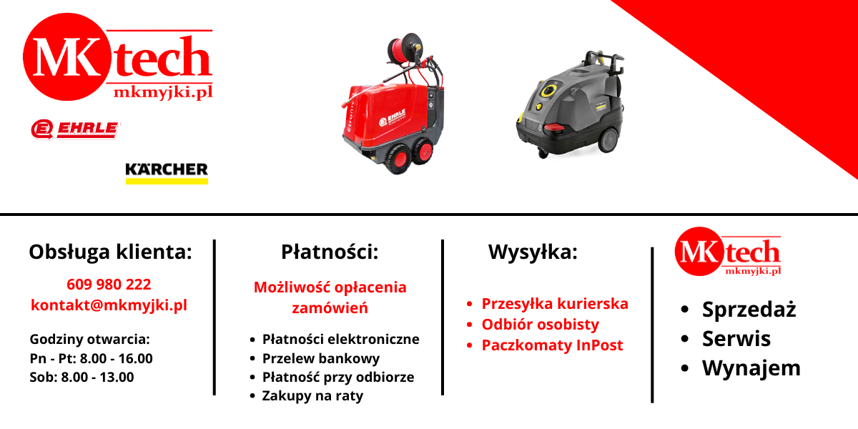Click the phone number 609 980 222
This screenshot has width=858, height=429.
(109, 285)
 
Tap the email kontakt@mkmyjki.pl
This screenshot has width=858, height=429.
(109, 305)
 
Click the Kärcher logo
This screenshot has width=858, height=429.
(167, 173)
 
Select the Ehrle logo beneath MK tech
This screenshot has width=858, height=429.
(75, 129)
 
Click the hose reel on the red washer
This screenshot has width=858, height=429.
(405, 50)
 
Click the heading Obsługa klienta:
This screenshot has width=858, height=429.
(110, 252)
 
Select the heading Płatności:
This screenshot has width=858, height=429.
(330, 252)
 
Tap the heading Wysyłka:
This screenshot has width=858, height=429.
(533, 252)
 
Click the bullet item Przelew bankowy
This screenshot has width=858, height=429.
(321, 358)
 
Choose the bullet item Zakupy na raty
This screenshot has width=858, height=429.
(312, 395)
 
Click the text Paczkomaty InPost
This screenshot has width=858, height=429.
(552, 345)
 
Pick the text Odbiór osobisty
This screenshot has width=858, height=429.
(540, 325)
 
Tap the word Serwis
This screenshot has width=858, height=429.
(736, 339)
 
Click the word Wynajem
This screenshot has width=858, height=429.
(751, 368)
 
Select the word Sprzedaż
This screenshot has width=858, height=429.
(749, 309)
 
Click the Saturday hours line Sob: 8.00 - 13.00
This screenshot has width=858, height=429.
(82, 378)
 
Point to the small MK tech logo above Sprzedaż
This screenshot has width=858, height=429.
(728, 251)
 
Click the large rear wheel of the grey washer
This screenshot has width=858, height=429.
(608, 141)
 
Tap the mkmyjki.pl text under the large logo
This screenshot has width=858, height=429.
(163, 92)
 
